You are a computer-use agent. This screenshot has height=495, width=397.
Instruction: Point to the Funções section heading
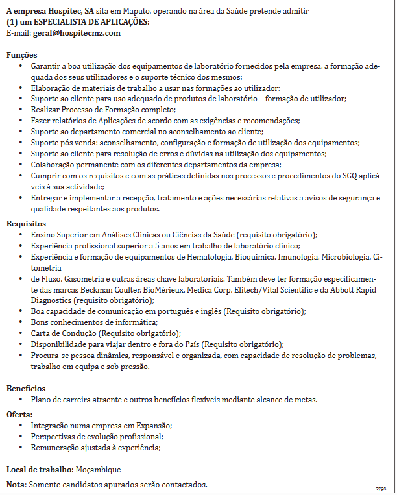tap(21, 55)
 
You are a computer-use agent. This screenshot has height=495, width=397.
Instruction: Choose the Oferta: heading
tap(19, 414)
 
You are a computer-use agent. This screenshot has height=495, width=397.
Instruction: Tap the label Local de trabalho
tap(40, 469)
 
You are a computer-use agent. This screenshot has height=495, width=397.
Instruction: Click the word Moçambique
tap(99, 469)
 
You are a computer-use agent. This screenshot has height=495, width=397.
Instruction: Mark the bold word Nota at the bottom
tap(16, 485)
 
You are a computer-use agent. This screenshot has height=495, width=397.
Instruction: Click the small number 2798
tap(381, 488)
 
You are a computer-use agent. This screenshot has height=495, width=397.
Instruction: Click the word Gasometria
tap(80, 278)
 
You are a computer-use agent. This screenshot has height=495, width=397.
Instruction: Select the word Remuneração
tap(58, 447)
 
